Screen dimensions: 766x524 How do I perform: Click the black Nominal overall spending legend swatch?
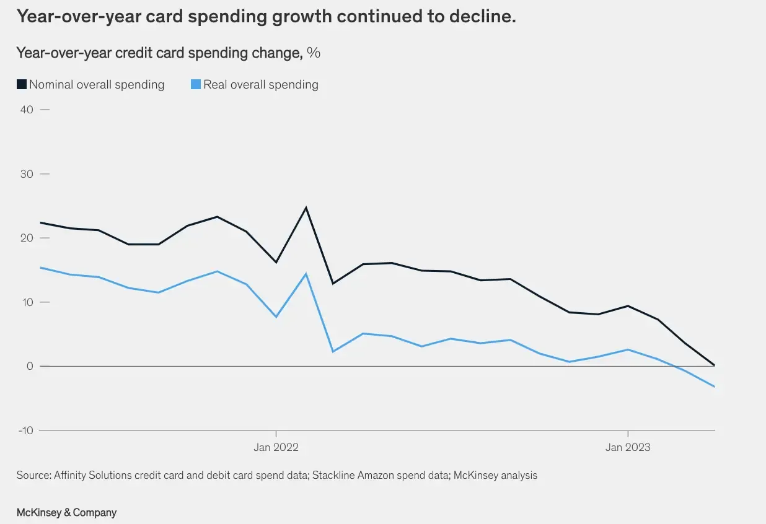coord(22,84)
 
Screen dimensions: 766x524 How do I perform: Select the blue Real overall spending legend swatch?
coord(196,84)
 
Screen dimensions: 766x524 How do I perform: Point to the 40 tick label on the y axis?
coord(27,110)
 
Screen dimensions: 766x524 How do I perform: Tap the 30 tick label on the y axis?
coord(27,174)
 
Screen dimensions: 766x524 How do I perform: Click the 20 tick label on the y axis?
coord(27,238)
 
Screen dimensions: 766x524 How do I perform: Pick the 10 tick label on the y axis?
coord(27,302)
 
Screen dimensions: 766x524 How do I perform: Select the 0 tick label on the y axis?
coord(30,366)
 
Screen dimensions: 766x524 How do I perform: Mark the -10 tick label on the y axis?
coord(26,430)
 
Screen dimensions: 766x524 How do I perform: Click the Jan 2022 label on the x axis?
coord(276,447)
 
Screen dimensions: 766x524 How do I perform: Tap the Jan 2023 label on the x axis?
coord(628,447)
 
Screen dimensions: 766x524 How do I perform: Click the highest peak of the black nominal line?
coord(306,207)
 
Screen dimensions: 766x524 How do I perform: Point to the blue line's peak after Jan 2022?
coord(306,274)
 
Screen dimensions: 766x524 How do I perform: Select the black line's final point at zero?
coord(715,365)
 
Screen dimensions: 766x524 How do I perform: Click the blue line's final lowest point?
coord(715,386)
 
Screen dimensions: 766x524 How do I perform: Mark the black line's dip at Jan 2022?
coord(276,262)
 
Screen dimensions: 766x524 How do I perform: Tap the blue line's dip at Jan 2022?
coord(276,317)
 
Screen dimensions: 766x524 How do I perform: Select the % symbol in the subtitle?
coord(314,53)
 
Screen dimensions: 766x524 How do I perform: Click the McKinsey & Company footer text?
coord(67,513)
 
